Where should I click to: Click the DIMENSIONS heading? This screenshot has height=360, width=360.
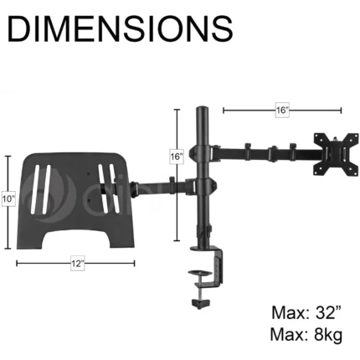point(121,28)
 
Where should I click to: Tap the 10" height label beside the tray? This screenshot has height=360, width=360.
point(8,199)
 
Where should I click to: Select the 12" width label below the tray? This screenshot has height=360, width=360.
point(77,264)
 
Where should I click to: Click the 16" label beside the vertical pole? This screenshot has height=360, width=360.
point(177,157)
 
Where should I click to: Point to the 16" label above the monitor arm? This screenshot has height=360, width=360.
point(282,111)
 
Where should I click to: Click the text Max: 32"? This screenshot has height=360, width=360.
point(306,312)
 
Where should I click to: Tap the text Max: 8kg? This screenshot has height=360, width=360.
point(306,334)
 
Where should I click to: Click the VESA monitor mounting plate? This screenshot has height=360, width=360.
point(336,154)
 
